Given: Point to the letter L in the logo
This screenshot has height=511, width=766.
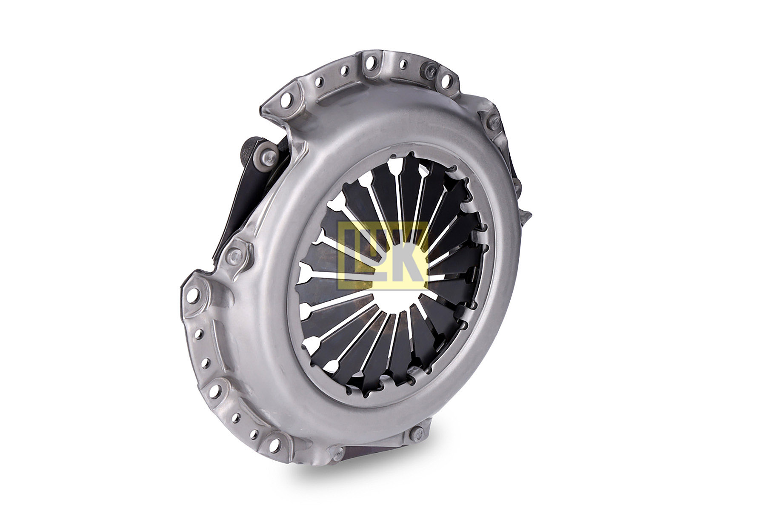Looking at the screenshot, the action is [x=356, y=253].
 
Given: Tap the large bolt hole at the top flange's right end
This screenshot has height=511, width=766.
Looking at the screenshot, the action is [x=447, y=81].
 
